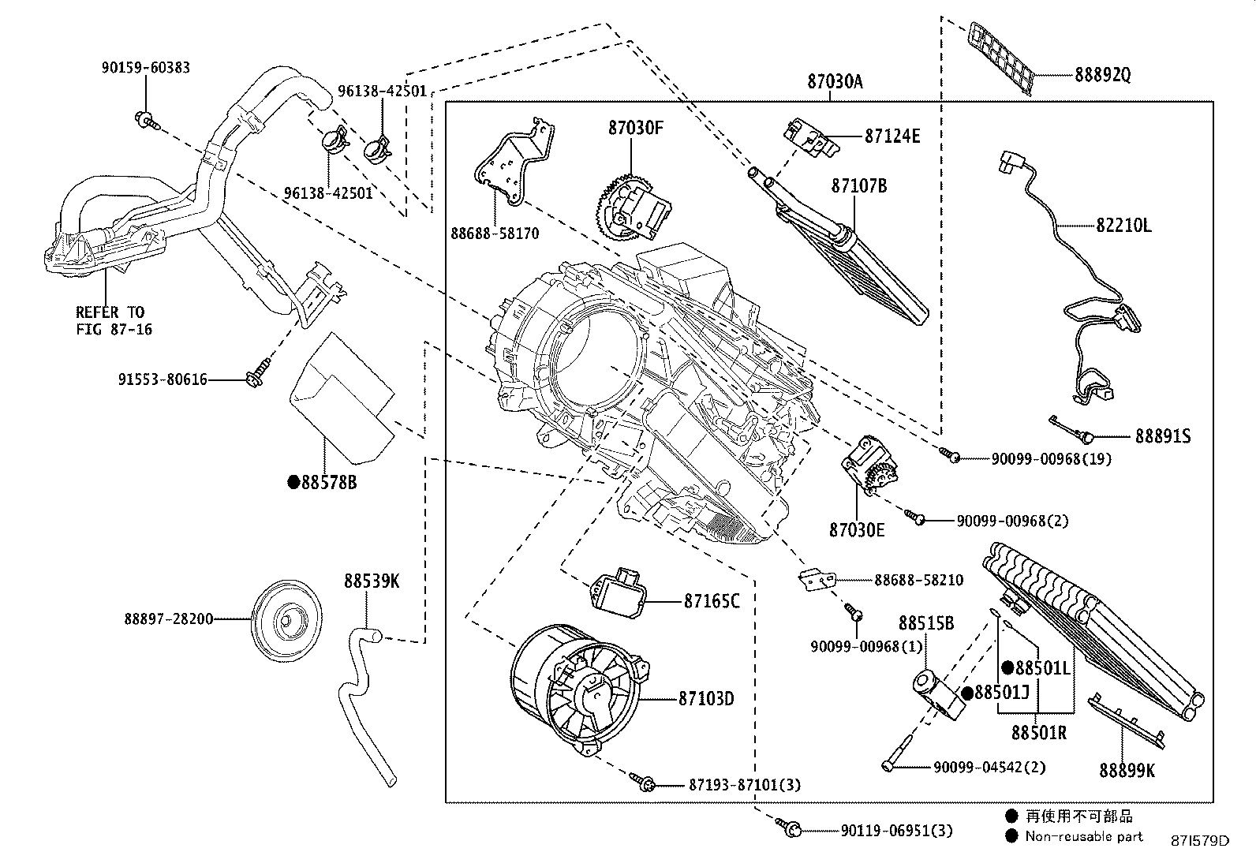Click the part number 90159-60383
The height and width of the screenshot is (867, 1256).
coord(145,68)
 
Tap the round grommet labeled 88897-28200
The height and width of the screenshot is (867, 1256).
coord(286,619)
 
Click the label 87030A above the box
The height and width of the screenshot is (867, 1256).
coord(835,80)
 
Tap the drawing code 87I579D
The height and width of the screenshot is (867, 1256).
coord(1199,840)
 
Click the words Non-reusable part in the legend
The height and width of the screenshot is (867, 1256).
coord(1083,836)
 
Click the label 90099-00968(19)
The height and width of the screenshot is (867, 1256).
coord(1052,458)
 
